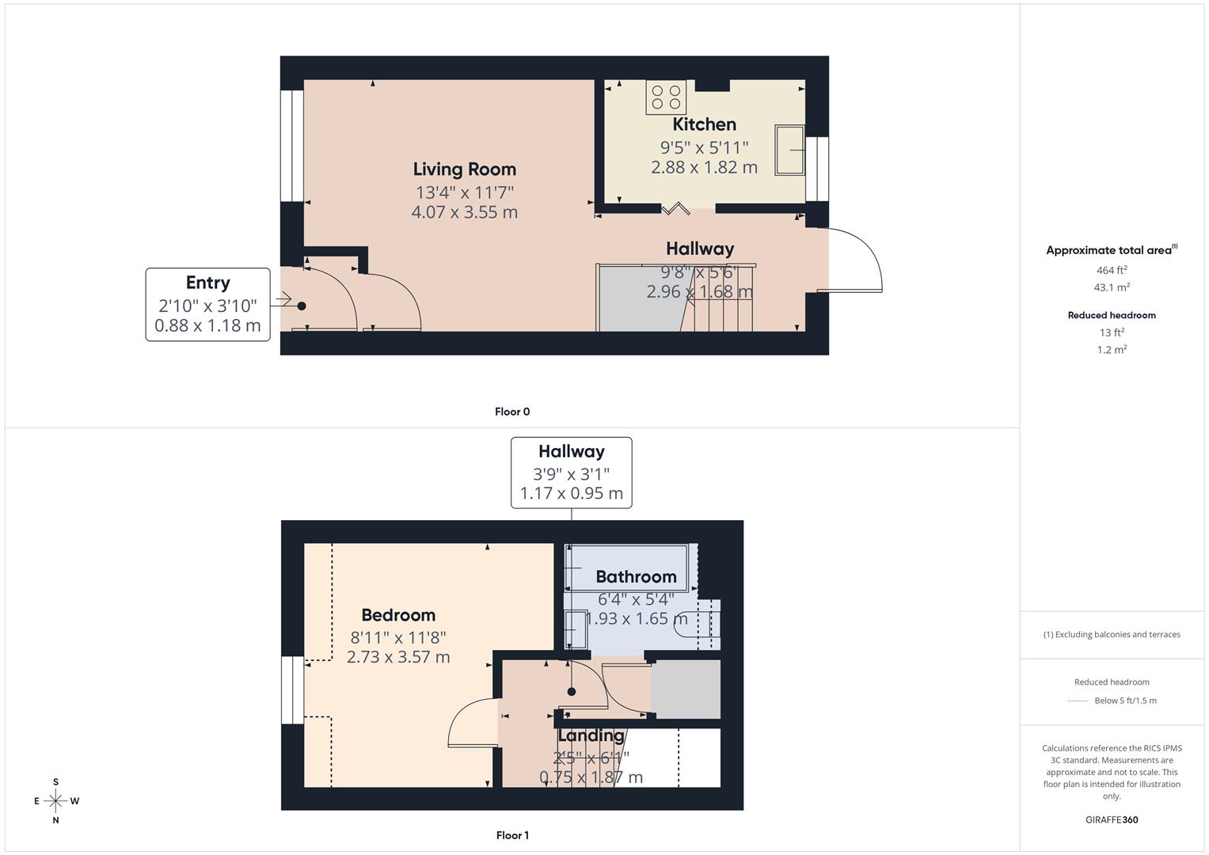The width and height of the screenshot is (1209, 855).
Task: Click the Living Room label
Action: coord(464,169)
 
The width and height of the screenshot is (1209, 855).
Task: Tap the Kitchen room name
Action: coord(704,124)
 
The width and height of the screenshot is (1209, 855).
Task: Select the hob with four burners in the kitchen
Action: coord(666,97)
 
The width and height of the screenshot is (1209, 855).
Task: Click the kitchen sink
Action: coord(789,150)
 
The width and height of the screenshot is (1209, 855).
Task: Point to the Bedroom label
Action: coord(398,615)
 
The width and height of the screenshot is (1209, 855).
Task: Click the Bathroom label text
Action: coord(636,577)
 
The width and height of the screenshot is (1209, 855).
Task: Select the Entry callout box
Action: coord(207,305)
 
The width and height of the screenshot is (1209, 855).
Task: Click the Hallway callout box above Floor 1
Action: coord(571,473)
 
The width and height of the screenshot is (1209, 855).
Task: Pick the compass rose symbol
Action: coord(55,801)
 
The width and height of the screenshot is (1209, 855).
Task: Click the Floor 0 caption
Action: coord(512,412)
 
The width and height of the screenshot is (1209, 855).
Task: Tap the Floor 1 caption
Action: coord(512,835)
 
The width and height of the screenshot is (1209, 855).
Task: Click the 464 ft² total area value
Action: coord(1112,270)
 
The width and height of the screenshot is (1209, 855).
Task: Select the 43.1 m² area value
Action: coord(1112,287)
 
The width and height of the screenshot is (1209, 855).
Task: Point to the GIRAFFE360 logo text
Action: coord(1112,820)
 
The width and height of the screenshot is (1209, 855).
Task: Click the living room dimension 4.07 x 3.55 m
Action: coord(464,212)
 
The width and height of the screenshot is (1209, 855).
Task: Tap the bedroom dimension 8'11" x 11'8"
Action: coord(398,637)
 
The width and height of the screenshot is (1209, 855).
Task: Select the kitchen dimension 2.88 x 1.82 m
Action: coord(704,167)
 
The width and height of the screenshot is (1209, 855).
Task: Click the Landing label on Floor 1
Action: coord(591,735)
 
